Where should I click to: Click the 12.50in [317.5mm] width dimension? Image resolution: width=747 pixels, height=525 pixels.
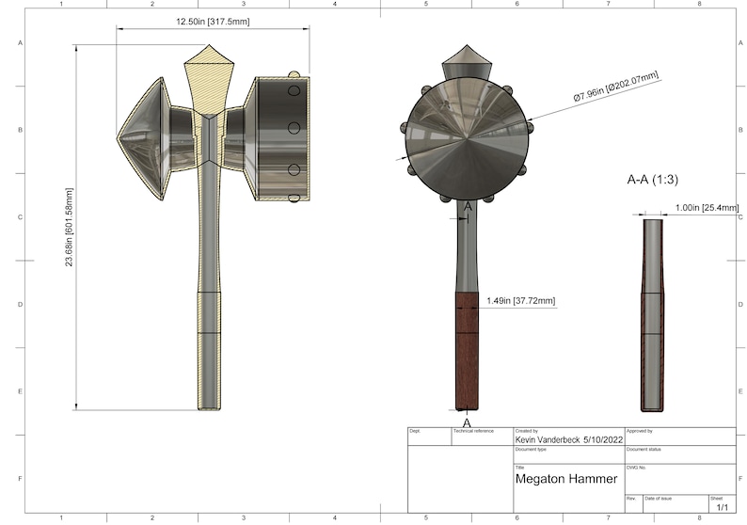point(212,21)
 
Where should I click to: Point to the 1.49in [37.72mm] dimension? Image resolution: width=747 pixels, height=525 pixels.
point(520,301)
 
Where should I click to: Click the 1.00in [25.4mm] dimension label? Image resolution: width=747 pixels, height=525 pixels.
point(705,210)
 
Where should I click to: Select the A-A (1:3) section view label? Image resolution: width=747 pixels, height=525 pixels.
point(656,177)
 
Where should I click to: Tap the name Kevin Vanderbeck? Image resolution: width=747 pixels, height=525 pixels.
point(548,439)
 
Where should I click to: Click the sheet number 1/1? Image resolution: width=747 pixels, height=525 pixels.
point(723,507)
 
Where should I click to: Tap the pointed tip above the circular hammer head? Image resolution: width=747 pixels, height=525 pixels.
point(467,56)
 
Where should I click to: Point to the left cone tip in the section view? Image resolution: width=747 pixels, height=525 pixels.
point(120,138)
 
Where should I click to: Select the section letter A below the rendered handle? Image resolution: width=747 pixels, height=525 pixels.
point(466,422)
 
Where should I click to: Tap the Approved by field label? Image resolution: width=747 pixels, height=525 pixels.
point(640,431)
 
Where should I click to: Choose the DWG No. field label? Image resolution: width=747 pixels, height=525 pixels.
point(637,467)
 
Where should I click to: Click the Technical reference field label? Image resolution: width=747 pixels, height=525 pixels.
point(473,431)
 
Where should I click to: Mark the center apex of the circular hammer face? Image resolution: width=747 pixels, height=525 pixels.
point(468,139)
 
